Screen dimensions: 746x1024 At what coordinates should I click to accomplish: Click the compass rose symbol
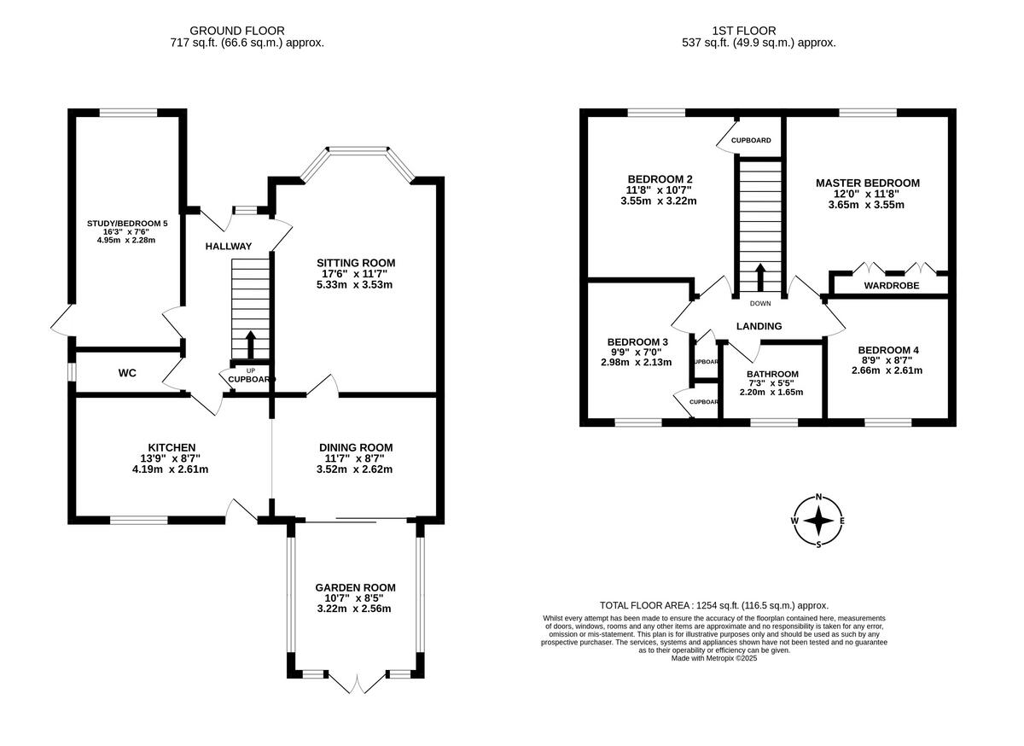818,520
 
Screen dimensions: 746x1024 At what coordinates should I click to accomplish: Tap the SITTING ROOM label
356,262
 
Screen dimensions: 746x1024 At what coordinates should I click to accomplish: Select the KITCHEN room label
172,447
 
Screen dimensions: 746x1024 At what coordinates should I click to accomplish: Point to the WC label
128,373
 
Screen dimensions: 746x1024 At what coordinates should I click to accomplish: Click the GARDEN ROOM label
356,587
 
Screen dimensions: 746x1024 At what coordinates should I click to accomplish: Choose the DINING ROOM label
356,447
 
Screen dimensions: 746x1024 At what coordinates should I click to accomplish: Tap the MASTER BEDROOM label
868,183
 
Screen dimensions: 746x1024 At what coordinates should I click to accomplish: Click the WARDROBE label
892,285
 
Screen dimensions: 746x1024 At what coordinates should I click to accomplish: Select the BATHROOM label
772,374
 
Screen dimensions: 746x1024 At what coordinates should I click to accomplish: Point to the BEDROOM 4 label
888,350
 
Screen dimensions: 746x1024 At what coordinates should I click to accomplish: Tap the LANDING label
759,326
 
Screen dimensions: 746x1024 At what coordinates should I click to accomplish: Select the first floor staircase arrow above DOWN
759,278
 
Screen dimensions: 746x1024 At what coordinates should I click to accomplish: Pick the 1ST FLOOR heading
759,31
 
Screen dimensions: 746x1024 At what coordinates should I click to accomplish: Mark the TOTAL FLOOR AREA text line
714,605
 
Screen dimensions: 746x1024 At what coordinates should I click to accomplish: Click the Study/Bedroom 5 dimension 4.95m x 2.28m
126,240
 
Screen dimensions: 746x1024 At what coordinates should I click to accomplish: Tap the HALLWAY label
229,247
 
